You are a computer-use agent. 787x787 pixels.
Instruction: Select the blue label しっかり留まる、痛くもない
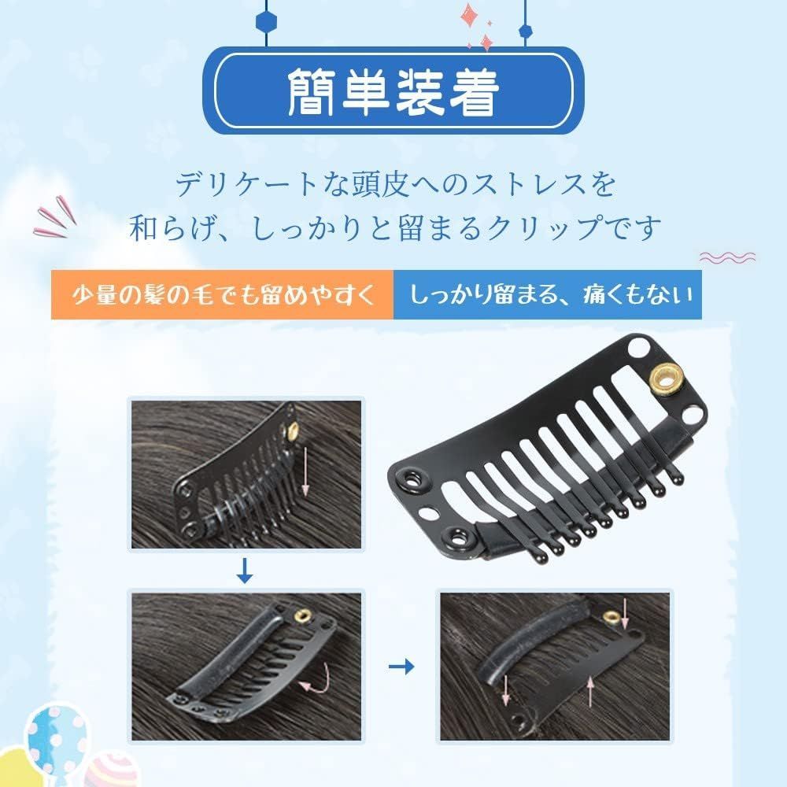pos(548,295)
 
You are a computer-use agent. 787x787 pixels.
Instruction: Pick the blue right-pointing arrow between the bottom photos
pos(402,667)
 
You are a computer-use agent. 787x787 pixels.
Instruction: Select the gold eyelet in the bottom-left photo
pos(301,615)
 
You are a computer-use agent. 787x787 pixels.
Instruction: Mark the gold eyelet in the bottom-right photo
pos(610,617)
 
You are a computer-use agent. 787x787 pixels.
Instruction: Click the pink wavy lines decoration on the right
pos(727,257)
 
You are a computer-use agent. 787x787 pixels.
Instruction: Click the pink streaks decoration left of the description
pos(56,222)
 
